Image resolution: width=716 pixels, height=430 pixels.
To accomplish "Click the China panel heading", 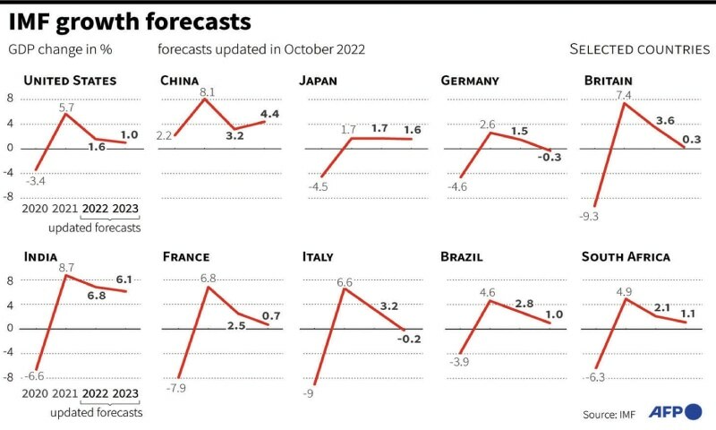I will [179, 81].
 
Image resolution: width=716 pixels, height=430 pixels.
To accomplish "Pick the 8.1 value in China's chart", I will [206, 92].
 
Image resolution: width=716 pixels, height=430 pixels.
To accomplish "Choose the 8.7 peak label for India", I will [66, 268].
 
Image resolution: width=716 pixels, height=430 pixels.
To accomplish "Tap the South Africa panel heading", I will [626, 257].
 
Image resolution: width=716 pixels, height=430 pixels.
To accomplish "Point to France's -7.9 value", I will [176, 388].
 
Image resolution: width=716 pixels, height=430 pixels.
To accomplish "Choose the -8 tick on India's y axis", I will [11, 377].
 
